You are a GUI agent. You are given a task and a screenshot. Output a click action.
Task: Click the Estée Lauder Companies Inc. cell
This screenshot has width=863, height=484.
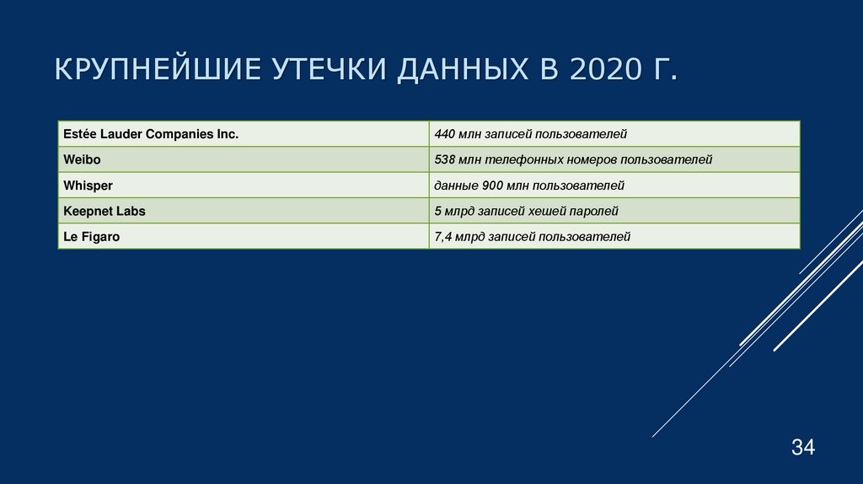151,133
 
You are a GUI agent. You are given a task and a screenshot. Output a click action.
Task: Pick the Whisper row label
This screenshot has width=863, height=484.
88,186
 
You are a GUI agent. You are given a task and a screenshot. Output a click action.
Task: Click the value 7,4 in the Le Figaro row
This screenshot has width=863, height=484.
444,237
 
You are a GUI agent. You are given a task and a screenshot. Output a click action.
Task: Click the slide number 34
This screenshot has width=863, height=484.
802,448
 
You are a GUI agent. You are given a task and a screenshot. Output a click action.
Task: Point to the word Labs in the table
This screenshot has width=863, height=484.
131,211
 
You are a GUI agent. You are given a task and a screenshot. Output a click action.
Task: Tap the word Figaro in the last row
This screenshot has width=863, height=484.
100,237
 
